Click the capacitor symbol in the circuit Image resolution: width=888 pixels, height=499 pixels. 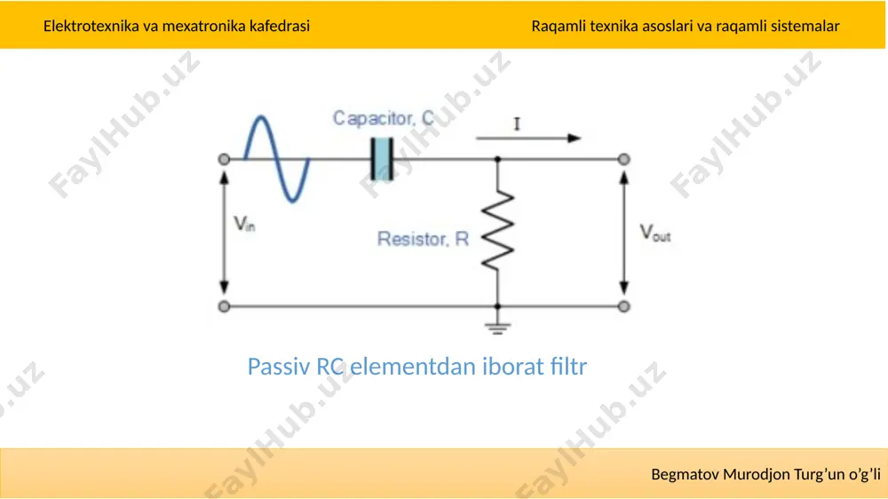(382, 159)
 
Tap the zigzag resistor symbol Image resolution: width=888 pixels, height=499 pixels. (497, 230)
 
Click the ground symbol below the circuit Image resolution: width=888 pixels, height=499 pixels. (497, 328)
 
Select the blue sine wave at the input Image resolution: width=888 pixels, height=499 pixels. (276, 159)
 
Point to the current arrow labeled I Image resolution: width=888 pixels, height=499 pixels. (527, 139)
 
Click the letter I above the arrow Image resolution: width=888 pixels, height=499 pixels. (517, 124)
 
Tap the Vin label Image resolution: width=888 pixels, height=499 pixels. (245, 225)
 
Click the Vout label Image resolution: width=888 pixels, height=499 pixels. (655, 233)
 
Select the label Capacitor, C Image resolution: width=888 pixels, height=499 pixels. (384, 118)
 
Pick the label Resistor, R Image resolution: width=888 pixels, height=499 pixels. (423, 239)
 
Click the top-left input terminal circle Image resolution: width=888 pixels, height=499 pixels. (225, 160)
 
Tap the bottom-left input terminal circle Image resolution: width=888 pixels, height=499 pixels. (225, 306)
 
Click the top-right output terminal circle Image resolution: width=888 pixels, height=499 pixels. (623, 160)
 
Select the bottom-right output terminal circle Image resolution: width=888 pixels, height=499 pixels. (623, 306)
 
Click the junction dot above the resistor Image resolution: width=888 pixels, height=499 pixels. (497, 160)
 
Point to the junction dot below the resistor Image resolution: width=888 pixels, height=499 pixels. (497, 306)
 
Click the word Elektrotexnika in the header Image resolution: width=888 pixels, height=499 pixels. (91, 26)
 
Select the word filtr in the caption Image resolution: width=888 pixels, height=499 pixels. (568, 367)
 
